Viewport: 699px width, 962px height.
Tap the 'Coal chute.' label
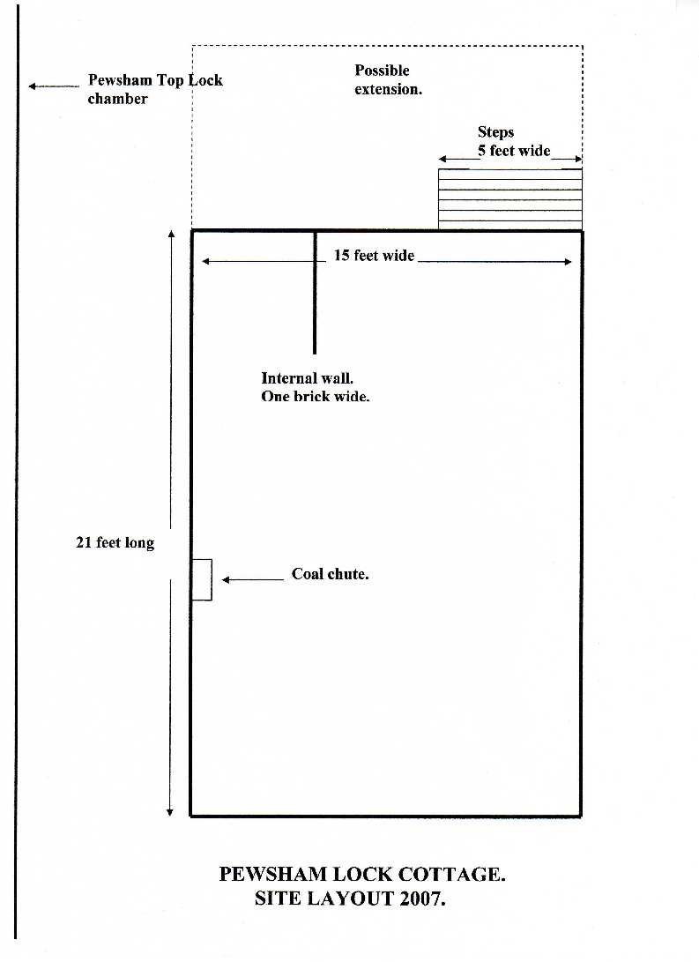click(330, 574)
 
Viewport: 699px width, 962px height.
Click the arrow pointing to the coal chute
click(253, 579)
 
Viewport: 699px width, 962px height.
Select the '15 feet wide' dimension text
click(374, 255)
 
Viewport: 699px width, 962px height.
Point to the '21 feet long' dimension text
click(115, 543)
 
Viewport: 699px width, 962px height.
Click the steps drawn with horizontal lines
click(510, 198)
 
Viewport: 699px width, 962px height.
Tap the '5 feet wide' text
click(514, 151)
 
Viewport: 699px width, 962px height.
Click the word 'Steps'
click(495, 132)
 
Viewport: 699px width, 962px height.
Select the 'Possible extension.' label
click(388, 79)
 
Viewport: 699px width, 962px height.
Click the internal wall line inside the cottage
click(316, 292)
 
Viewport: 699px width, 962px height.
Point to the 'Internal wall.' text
click(308, 378)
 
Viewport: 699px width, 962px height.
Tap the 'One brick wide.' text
click(316, 396)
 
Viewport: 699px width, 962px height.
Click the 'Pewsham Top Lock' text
click(155, 80)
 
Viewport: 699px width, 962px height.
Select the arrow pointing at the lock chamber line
click(54, 86)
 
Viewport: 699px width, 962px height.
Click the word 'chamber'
click(118, 99)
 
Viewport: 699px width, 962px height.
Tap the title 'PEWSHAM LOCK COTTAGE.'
click(362, 875)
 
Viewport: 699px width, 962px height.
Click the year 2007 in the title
click(422, 899)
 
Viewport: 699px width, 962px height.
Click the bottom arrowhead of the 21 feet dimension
click(170, 812)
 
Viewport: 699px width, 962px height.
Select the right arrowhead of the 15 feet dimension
click(568, 261)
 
